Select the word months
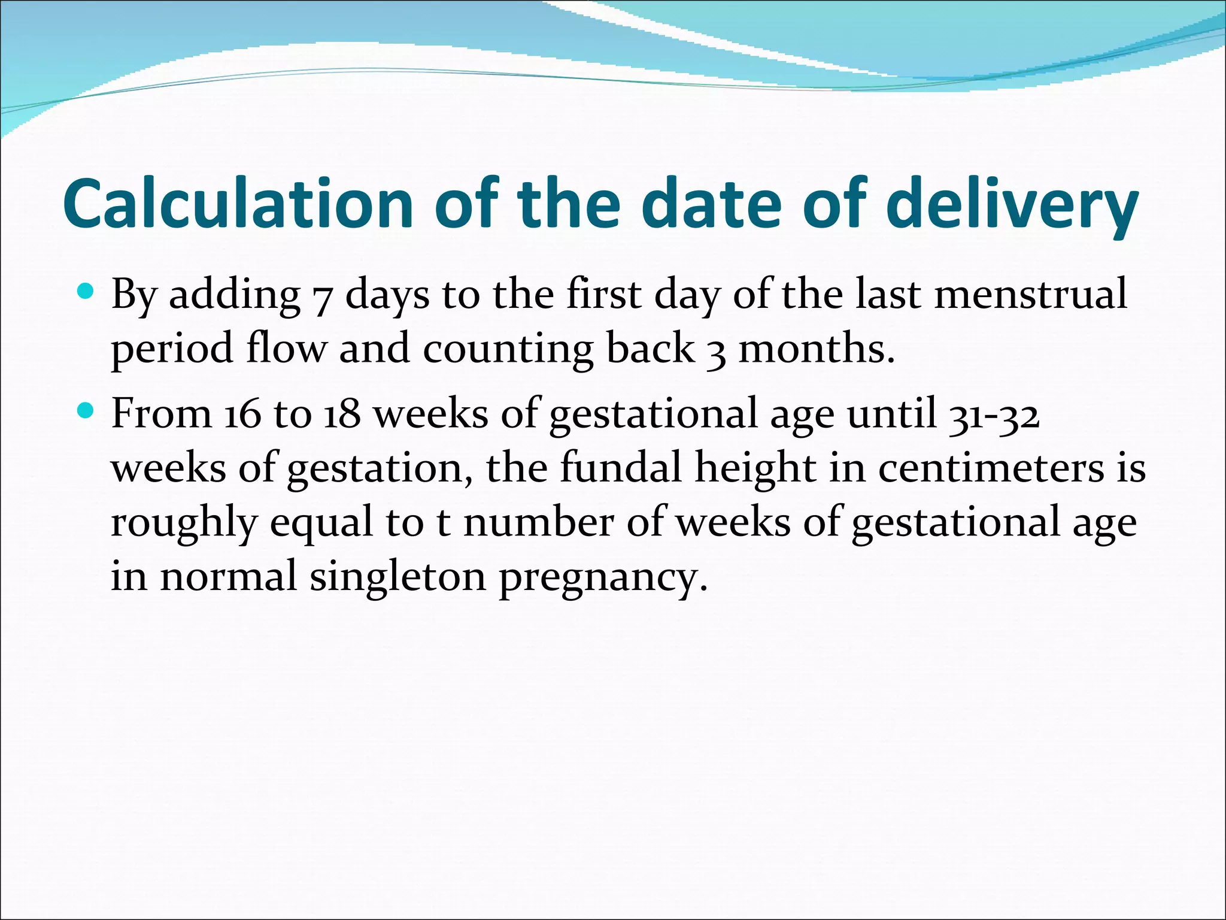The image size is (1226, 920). click(x=817, y=349)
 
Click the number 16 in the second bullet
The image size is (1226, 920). click(x=243, y=414)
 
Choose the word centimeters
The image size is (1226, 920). click(x=991, y=468)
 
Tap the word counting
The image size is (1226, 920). click(x=508, y=350)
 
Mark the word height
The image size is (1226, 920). click(x=755, y=468)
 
